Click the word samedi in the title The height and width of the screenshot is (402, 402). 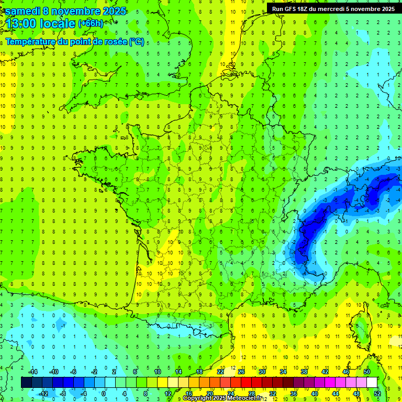(23, 10)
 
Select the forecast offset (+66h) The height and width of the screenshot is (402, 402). (91, 24)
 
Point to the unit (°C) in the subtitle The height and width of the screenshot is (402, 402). (137, 42)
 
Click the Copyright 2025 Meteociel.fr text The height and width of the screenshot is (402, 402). (222, 398)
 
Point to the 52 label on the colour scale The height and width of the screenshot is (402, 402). (377, 393)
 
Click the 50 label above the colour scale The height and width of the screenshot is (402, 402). (367, 372)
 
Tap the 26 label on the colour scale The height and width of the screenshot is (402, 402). (241, 372)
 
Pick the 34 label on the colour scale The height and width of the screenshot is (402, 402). (283, 372)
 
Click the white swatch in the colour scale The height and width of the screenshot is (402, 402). (372, 383)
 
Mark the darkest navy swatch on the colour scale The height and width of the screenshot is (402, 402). (26, 383)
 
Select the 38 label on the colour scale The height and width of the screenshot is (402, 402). (304, 372)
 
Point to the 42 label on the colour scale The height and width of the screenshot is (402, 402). (325, 372)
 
